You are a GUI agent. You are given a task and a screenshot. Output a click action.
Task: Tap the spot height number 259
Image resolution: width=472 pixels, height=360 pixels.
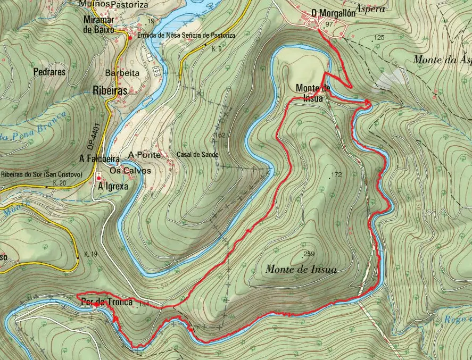(x=309, y=254)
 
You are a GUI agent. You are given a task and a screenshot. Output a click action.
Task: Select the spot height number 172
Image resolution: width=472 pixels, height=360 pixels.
(x=336, y=175)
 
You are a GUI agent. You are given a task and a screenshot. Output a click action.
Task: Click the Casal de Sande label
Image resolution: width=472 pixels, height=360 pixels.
(x=197, y=155)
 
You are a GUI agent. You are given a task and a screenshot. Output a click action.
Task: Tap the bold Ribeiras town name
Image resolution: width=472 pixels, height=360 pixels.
(x=110, y=90)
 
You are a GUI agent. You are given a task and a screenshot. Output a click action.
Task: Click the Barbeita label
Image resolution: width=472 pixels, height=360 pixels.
(x=122, y=73)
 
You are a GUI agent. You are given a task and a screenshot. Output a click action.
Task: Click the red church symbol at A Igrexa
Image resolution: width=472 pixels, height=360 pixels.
(x=99, y=177)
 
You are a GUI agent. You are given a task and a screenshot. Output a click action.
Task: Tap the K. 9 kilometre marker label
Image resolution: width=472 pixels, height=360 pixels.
(x=216, y=49)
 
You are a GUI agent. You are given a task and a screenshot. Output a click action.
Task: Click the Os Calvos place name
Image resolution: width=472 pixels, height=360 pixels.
(x=130, y=171)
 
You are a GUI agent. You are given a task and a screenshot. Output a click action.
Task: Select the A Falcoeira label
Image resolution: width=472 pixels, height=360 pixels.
(x=99, y=158)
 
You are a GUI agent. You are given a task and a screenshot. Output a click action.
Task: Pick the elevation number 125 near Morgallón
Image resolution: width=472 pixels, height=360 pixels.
(x=379, y=37)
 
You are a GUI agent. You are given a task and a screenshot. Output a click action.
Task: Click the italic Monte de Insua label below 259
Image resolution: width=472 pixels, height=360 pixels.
(x=301, y=270)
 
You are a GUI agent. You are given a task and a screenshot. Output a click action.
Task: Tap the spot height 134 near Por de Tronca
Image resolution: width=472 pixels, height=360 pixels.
(x=142, y=304)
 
